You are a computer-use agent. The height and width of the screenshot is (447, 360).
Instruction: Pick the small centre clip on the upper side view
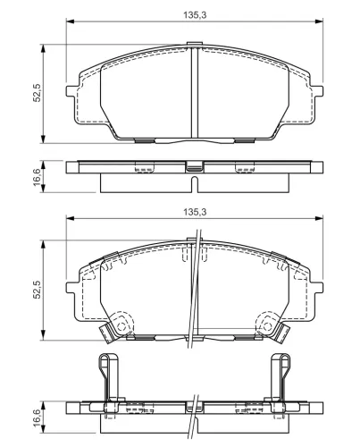tap(194, 166)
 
